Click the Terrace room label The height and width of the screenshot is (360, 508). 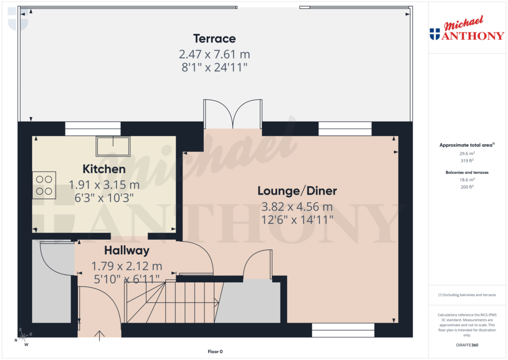214,38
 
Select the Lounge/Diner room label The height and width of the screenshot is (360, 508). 297,191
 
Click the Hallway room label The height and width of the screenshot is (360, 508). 127,251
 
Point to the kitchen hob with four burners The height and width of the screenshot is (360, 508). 44,185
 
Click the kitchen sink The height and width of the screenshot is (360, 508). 113,146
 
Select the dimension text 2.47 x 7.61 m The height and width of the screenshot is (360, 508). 214,54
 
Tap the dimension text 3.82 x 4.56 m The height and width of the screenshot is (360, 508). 297,207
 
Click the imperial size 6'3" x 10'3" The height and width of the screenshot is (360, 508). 104,198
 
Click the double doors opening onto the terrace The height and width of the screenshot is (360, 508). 232,114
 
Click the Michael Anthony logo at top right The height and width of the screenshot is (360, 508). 466,30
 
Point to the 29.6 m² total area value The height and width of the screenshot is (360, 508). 466,153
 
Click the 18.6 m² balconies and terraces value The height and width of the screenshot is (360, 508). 466,179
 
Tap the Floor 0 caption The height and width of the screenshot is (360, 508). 215,352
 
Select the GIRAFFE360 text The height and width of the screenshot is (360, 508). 466,345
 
